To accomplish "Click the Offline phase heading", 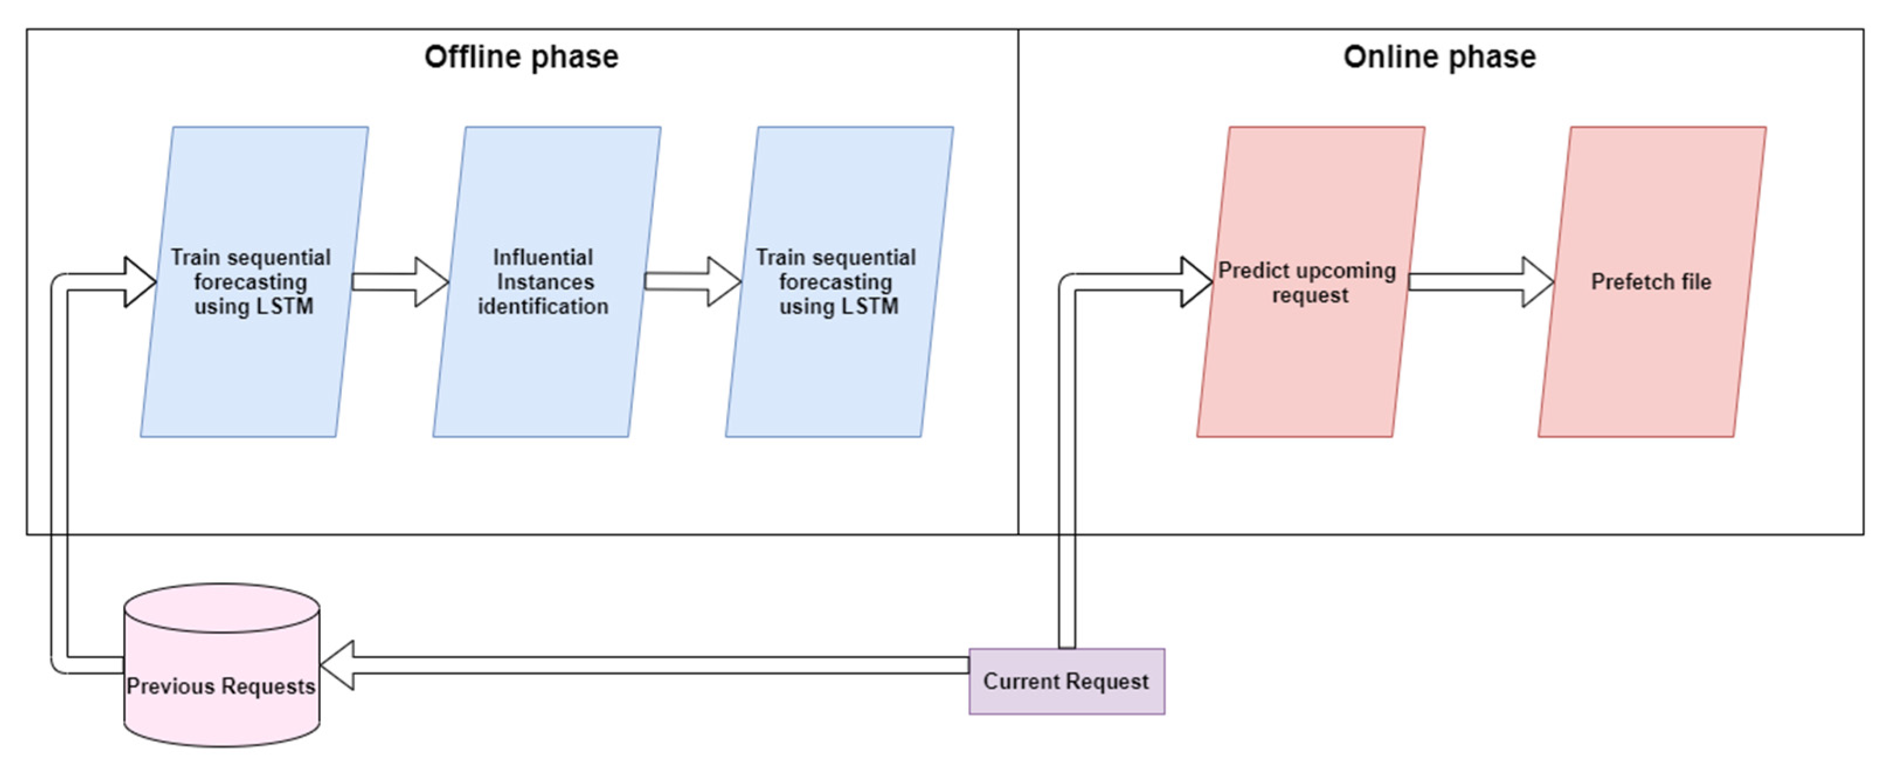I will click(x=521, y=57).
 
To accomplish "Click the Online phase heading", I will click(x=1439, y=57).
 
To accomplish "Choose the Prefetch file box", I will click(x=1651, y=353).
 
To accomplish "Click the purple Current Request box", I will click(x=1066, y=681).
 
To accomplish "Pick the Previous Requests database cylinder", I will click(x=221, y=707).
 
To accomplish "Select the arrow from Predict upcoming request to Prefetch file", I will click(x=1479, y=282).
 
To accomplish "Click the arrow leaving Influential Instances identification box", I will click(x=692, y=281).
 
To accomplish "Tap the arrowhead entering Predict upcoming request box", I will click(x=1195, y=282).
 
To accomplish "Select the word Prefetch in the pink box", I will click(x=1623, y=281).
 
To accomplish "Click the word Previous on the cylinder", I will click(x=170, y=686).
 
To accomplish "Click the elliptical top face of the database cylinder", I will click(x=221, y=608).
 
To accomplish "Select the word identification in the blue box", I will click(x=542, y=306).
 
